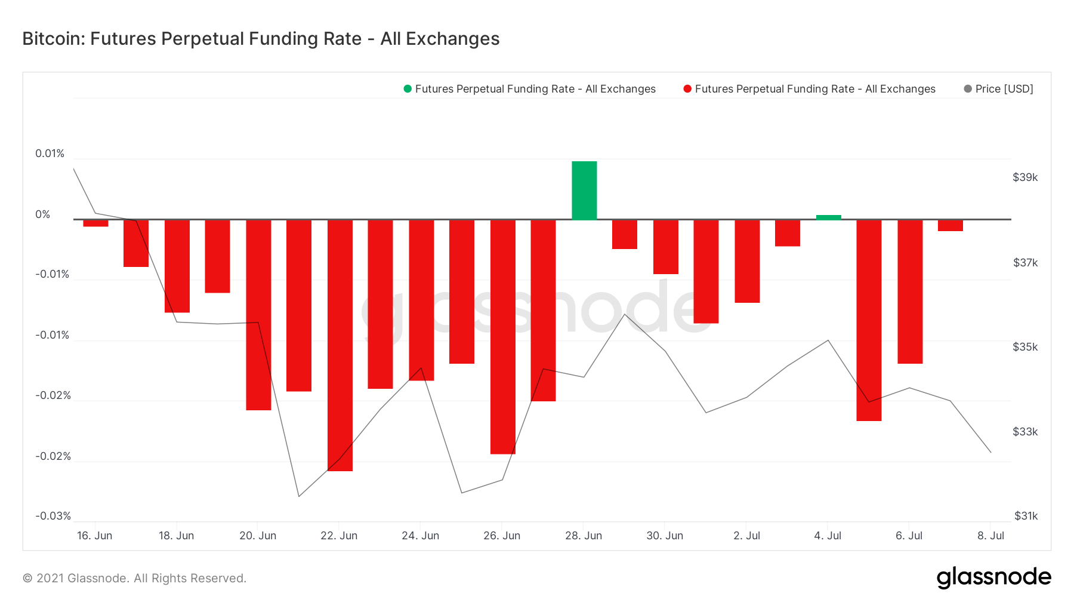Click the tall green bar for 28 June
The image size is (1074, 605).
pos(584,191)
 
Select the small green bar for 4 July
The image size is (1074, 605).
pos(828,217)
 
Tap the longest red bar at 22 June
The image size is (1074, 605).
pos(340,345)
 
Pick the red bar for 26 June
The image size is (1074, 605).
pos(502,336)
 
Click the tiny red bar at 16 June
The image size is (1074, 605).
pos(95,223)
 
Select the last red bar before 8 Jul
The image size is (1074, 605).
pos(950,225)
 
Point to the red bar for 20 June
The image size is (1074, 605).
pos(258,315)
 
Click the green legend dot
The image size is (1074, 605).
pos(408,89)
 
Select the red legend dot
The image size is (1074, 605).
pos(687,89)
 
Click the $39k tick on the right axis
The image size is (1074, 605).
pos(1025,177)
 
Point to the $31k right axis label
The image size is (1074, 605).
pos(1026,516)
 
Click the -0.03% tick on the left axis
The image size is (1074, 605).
pos(53,516)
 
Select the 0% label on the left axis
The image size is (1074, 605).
pos(43,214)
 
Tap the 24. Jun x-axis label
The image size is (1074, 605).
pos(420,536)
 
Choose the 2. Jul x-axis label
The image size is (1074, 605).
pos(746,536)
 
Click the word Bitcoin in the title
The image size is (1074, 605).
pos(53,39)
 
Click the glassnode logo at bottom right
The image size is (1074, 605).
pos(993,578)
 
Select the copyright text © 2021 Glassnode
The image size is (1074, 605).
pos(134,578)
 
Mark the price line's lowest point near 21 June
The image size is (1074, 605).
pos(299,496)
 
